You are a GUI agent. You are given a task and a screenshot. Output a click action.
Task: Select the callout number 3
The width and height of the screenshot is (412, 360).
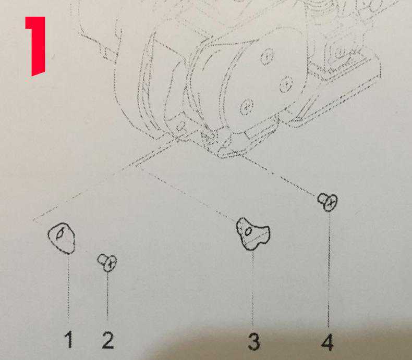click(253, 342)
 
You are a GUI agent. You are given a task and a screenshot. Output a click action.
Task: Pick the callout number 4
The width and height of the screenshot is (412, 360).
click(327, 342)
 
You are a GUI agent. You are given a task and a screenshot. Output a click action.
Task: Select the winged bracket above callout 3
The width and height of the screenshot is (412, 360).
click(253, 232)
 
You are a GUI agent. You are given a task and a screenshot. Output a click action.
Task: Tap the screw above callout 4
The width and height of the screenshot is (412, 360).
click(329, 201)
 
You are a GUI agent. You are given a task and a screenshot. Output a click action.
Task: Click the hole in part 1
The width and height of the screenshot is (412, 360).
click(60, 234)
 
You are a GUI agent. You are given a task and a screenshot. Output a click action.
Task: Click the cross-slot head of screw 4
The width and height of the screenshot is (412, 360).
click(331, 203)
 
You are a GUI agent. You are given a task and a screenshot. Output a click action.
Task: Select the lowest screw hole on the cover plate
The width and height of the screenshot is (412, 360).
click(244, 108)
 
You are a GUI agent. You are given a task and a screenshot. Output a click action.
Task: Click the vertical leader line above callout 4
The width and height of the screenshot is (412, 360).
click(329, 271)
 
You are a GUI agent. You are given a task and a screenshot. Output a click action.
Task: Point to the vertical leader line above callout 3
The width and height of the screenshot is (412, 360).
click(253, 287)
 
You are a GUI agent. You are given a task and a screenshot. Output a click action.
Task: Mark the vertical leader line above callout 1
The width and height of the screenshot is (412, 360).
click(68, 287)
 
